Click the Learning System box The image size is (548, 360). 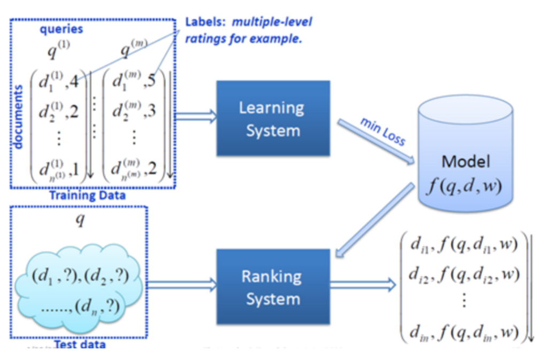273,118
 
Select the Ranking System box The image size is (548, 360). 273,287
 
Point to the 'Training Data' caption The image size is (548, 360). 87,195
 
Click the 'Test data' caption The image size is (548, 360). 80,344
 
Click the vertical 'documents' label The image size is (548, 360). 18,115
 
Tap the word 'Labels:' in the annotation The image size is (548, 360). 201,22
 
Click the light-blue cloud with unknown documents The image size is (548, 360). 78,289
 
